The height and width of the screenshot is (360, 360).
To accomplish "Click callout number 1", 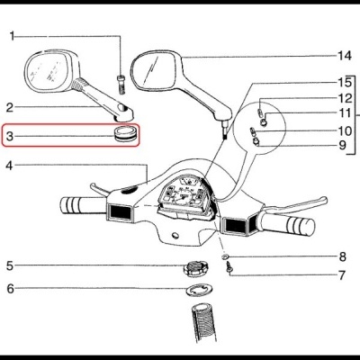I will click(x=13, y=36).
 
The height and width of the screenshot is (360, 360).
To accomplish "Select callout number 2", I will click(x=10, y=106).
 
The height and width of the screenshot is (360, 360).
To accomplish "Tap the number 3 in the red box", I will click(x=10, y=137).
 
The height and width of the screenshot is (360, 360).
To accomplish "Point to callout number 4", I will click(x=10, y=166).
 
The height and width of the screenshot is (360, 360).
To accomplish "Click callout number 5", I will click(x=10, y=265).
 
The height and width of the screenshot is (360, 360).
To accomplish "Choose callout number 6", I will click(x=10, y=289).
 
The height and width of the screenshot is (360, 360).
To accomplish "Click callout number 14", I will click(x=341, y=56).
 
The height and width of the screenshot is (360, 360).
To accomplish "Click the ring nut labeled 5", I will click(x=190, y=267).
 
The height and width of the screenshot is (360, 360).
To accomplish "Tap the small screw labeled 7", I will click(x=230, y=270).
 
